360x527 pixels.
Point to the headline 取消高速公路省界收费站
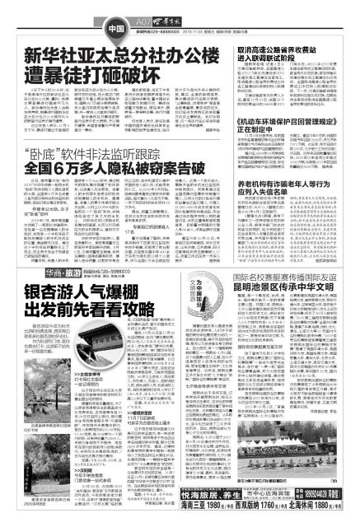tap(272, 53)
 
